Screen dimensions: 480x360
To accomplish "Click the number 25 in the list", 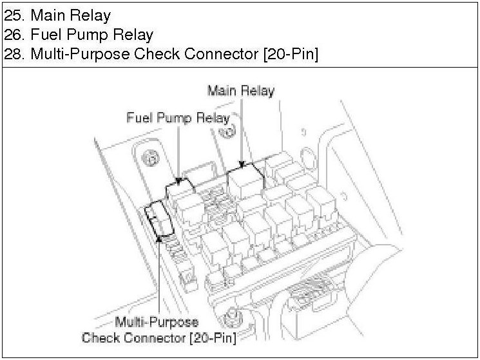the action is click(x=14, y=15).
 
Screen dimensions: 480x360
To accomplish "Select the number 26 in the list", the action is click(x=14, y=35).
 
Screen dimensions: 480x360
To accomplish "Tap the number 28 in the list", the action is click(x=14, y=54).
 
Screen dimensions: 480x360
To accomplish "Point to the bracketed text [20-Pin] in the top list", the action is click(x=291, y=54).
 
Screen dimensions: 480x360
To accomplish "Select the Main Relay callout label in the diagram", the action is click(x=240, y=91).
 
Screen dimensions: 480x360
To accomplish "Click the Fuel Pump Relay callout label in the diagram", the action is click(x=178, y=118).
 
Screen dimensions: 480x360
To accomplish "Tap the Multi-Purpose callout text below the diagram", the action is click(x=157, y=322).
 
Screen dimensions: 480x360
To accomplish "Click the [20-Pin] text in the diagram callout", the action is click(x=213, y=338).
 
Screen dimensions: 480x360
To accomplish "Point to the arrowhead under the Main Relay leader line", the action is click(x=242, y=165).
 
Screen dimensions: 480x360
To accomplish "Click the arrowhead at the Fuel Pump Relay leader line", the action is click(x=178, y=181).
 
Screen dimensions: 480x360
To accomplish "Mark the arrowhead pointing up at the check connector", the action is click(x=159, y=238).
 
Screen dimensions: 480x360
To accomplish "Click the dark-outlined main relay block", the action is click(x=245, y=180).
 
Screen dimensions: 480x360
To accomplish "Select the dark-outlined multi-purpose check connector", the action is click(x=159, y=218).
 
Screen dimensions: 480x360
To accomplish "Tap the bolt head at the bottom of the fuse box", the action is click(x=233, y=318).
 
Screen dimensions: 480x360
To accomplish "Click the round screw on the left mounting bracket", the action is click(x=150, y=158).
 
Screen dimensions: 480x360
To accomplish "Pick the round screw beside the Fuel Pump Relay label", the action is click(x=227, y=131).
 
